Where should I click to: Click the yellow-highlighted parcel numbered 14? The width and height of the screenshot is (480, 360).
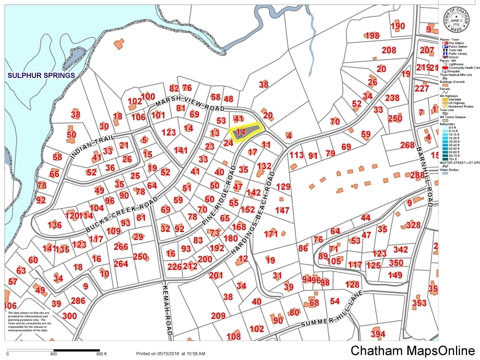click(x=242, y=132)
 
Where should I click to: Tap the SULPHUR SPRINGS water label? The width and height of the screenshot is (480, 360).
click(x=41, y=75)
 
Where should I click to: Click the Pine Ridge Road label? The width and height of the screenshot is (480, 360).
click(x=218, y=192)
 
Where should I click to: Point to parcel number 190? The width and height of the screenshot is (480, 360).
click(x=397, y=26)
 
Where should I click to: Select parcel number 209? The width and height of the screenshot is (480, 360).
click(x=218, y=316)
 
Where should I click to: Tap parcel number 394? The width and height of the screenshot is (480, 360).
click(x=378, y=334)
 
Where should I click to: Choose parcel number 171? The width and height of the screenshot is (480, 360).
click(x=270, y=234)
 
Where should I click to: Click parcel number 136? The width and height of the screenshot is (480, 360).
click(x=54, y=225)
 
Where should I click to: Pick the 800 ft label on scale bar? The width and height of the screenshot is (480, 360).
click(x=101, y=354)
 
